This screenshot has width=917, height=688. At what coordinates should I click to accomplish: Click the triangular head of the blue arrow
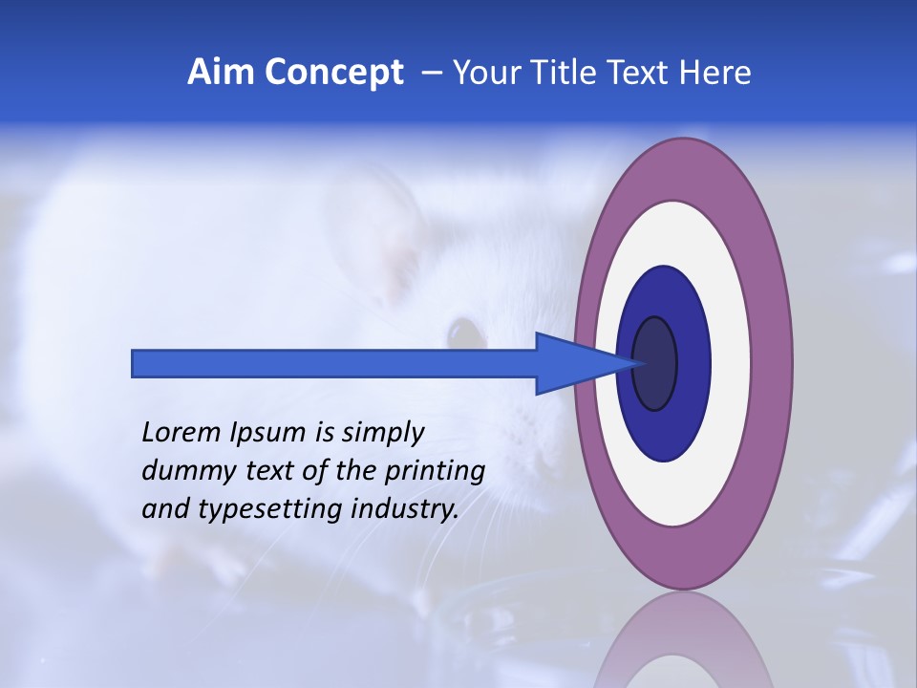click(x=573, y=363)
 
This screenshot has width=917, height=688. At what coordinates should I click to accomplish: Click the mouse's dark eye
click(x=466, y=333)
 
